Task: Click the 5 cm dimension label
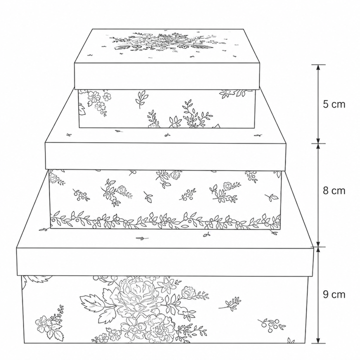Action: pyautogui.click(x=334, y=104)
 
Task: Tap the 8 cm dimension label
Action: pyautogui.click(x=334, y=190)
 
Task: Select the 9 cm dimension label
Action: pyautogui.click(x=334, y=294)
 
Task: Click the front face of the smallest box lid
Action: pyautogui.click(x=167, y=76)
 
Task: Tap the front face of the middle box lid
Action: pyautogui.click(x=166, y=156)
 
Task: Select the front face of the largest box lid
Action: pyautogui.click(x=165, y=261)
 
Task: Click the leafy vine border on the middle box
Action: pyautogui.click(x=165, y=220)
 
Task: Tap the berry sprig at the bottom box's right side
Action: pyautogui.click(x=271, y=325)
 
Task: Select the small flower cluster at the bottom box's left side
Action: pyautogui.click(x=49, y=323)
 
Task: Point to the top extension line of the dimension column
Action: pyautogui.click(x=318, y=64)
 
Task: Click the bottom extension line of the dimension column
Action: pyautogui.click(x=318, y=343)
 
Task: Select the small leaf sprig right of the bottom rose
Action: pyautogui.click(x=229, y=303)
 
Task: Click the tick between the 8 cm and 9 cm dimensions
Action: pyautogui.click(x=318, y=247)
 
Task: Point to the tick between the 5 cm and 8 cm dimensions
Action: pyautogui.click(x=318, y=143)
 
